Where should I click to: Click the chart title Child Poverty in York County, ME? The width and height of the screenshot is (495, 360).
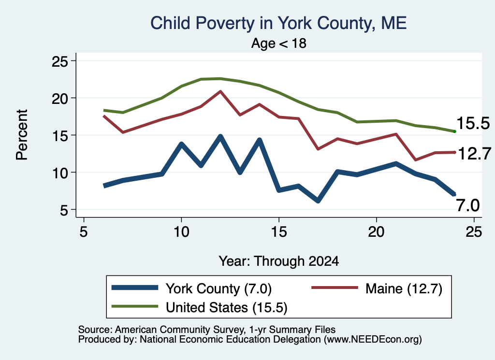(x=278, y=23)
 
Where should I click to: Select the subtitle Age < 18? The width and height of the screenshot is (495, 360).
(x=279, y=43)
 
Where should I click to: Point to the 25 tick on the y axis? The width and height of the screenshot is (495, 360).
(x=59, y=61)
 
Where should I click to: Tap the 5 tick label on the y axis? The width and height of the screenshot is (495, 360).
(x=64, y=210)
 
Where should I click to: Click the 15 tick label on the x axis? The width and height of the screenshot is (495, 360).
(x=279, y=232)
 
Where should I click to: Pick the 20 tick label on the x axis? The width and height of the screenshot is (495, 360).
(x=376, y=232)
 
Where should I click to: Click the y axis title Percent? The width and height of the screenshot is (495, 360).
(x=22, y=135)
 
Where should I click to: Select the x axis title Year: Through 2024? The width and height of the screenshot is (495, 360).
(x=279, y=261)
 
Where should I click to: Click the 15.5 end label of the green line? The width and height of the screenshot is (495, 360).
(x=473, y=123)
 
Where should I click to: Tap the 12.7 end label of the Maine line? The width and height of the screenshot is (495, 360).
(x=474, y=154)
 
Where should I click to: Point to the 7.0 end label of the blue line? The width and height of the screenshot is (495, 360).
(x=468, y=205)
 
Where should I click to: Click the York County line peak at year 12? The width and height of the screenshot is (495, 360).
(x=220, y=137)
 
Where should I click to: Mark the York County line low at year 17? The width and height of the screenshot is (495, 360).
(x=318, y=201)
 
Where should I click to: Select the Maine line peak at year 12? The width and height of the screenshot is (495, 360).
(x=220, y=91)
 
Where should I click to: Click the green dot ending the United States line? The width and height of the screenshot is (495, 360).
(x=454, y=131)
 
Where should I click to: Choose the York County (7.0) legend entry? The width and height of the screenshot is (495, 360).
(x=191, y=288)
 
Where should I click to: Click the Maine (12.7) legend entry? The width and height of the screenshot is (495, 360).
(x=377, y=288)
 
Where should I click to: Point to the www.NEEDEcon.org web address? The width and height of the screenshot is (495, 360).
(x=373, y=340)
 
